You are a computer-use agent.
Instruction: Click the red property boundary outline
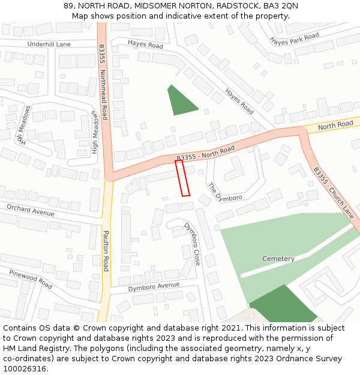[x=182, y=178]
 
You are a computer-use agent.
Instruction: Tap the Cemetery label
[x=278, y=259]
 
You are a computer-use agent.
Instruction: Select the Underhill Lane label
[x=49, y=44]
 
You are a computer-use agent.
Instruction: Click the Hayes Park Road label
[x=295, y=40]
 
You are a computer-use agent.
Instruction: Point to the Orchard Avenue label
[x=30, y=210]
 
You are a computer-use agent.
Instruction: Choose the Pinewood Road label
[x=30, y=278]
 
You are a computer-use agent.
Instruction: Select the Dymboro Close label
[x=193, y=244]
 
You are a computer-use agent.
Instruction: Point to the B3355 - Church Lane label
[x=334, y=193]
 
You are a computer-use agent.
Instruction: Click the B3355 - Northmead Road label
[x=103, y=82]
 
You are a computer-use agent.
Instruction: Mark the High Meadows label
[x=94, y=131]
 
